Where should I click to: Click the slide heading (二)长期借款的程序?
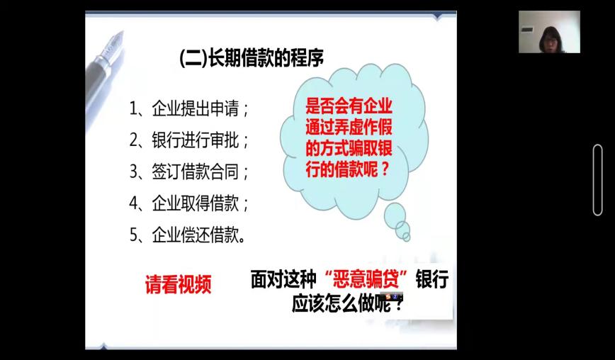coord(252,58)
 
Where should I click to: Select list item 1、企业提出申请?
coord(189,108)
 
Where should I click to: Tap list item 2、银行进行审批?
coord(189,140)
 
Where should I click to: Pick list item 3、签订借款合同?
coord(189,171)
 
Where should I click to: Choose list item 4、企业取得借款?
coord(189,203)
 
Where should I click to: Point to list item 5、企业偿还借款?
coord(188,235)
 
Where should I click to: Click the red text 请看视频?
coord(178,284)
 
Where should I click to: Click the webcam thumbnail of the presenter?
coord(549,32)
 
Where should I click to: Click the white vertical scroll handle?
coord(598,180)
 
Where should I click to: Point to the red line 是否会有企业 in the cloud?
coord(349,106)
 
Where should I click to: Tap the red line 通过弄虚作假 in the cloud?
coord(349,128)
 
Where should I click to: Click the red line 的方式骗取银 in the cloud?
coord(349,149)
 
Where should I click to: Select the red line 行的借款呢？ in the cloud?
coord(347,170)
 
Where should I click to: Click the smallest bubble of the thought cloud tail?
coord(407,237)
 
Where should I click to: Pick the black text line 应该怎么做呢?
coord(347,303)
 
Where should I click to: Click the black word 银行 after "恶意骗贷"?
coord(432,280)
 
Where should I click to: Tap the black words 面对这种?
coord(283,280)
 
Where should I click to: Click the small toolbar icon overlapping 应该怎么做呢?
coord(394,296)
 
